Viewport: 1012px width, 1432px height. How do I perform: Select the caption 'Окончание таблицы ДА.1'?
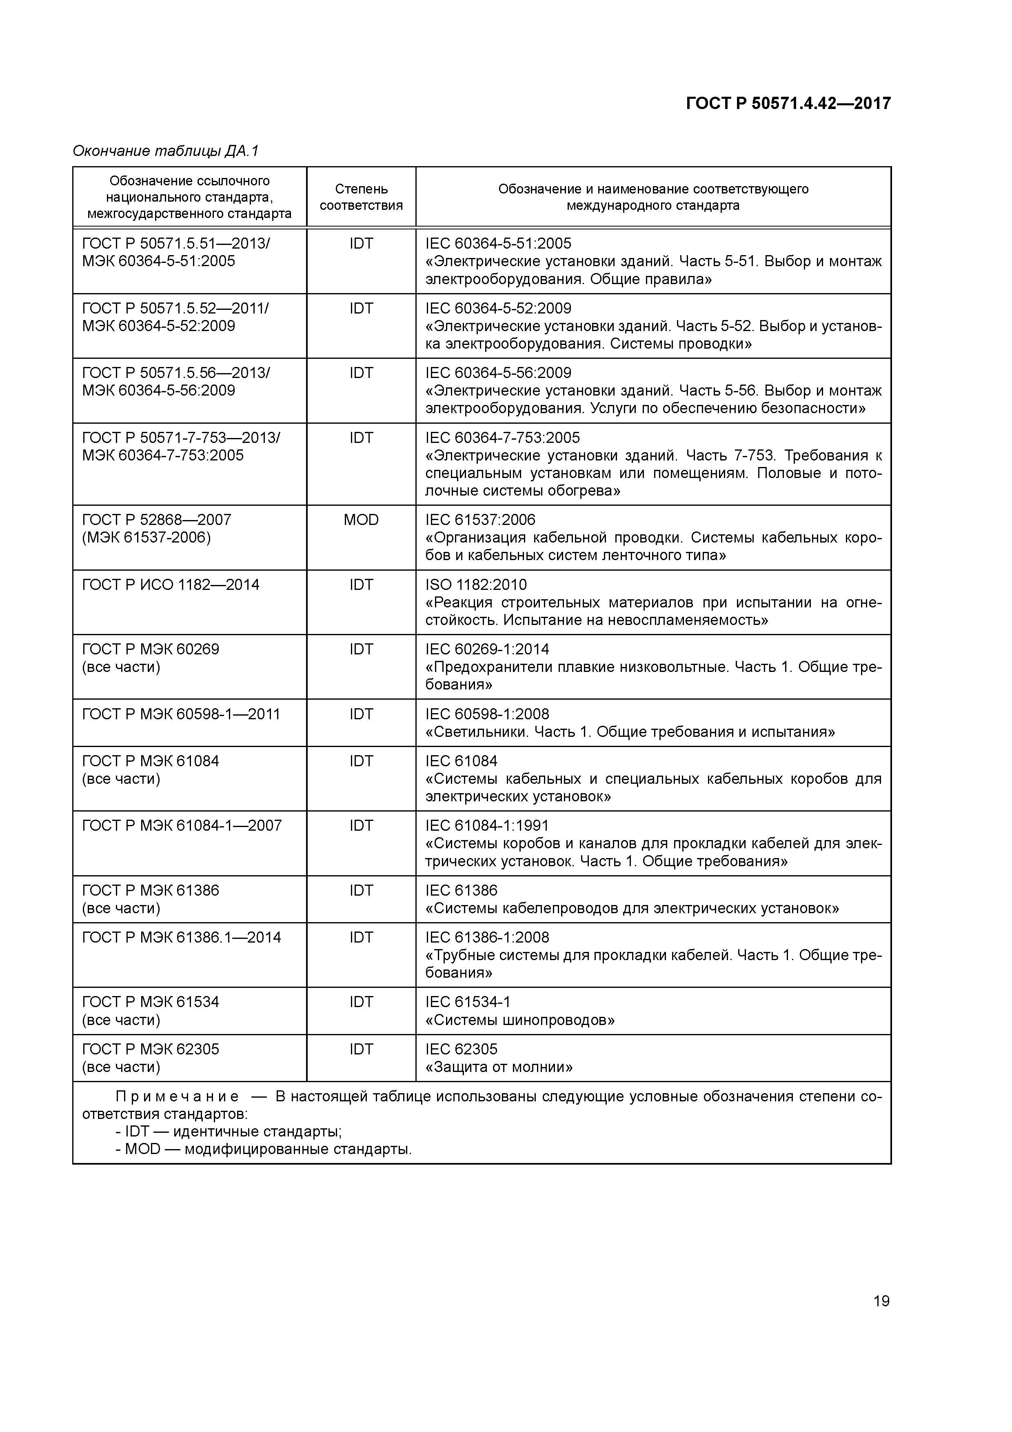(165, 151)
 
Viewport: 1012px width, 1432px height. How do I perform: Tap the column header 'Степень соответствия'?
(361, 197)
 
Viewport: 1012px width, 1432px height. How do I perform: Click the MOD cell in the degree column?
(361, 520)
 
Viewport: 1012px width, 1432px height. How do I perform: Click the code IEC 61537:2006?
(480, 520)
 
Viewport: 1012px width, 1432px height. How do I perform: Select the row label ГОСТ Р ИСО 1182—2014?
(171, 585)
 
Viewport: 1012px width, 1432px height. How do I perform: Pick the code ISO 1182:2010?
(476, 585)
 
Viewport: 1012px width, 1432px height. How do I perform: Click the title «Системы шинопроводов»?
(520, 1021)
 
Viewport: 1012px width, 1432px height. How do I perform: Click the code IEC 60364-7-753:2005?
(503, 438)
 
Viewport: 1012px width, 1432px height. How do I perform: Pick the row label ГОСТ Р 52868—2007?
(157, 520)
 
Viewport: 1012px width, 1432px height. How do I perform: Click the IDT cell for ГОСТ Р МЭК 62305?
(361, 1050)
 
